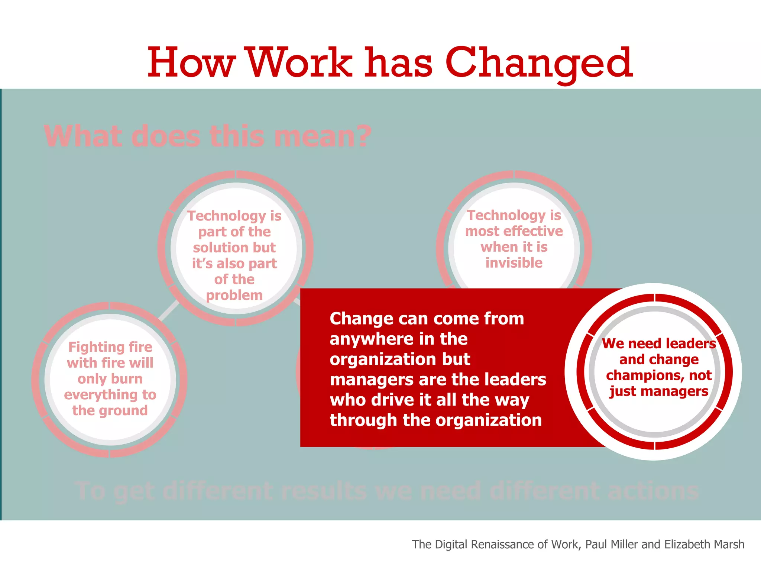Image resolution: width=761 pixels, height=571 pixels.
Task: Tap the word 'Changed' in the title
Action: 539,63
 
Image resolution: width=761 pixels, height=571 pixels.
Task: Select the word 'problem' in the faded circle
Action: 234,296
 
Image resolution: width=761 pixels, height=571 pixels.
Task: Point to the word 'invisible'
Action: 514,263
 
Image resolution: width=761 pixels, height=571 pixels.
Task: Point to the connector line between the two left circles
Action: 169,310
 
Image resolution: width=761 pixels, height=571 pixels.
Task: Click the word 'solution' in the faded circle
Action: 221,248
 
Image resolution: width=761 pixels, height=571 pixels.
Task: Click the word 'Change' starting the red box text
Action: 361,319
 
